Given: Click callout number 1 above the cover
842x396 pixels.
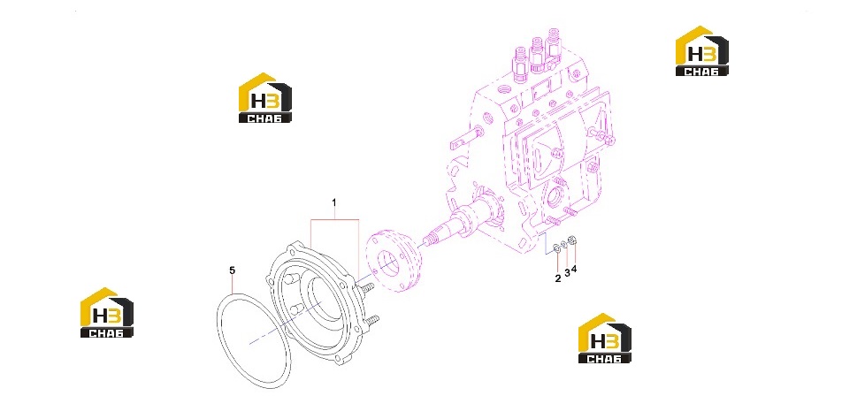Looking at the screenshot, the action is click(x=334, y=202).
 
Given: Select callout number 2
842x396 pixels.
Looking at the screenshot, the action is click(x=558, y=278).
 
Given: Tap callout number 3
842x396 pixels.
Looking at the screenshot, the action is click(x=567, y=272).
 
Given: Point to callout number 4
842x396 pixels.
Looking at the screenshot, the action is click(x=573, y=269).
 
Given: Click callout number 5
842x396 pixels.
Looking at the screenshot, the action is click(x=232, y=270).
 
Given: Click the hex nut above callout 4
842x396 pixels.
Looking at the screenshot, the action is click(x=572, y=240).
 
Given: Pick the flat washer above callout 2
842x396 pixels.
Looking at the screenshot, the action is click(x=557, y=247).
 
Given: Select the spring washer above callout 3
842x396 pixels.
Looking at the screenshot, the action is click(x=565, y=244).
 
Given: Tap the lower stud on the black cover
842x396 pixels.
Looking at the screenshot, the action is click(x=371, y=319).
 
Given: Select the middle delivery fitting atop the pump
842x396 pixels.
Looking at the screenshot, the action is click(x=537, y=54).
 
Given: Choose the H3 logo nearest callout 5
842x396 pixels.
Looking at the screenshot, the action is click(x=107, y=313).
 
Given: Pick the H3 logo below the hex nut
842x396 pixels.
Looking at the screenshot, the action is click(x=605, y=338).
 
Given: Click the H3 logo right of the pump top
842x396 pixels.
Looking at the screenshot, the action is click(x=702, y=50).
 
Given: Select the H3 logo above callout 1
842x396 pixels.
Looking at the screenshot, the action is click(x=264, y=97).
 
